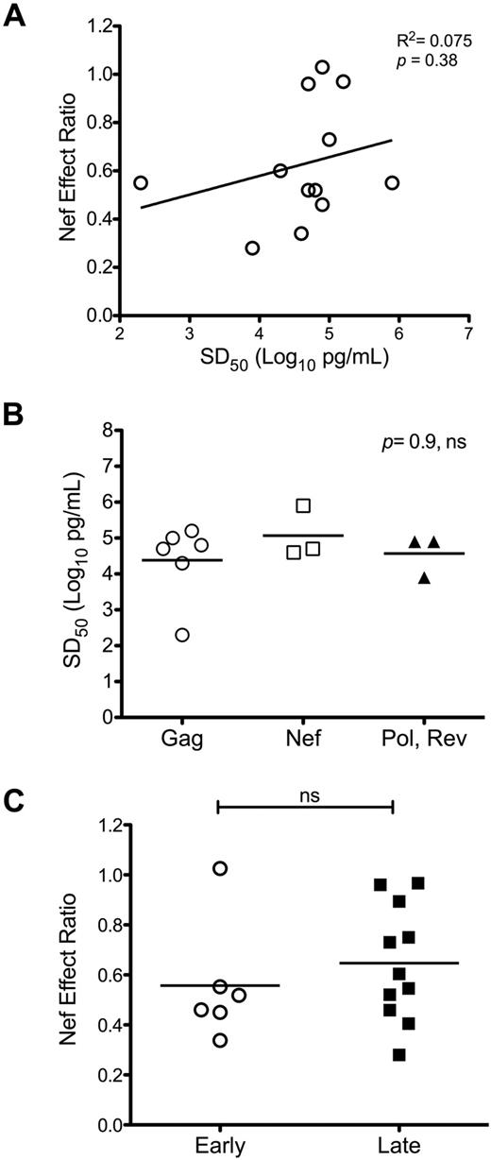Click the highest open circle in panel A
(x=322, y=67)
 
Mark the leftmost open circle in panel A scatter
(x=141, y=182)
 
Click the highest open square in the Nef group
(x=303, y=505)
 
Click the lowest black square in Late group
(x=399, y=1054)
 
